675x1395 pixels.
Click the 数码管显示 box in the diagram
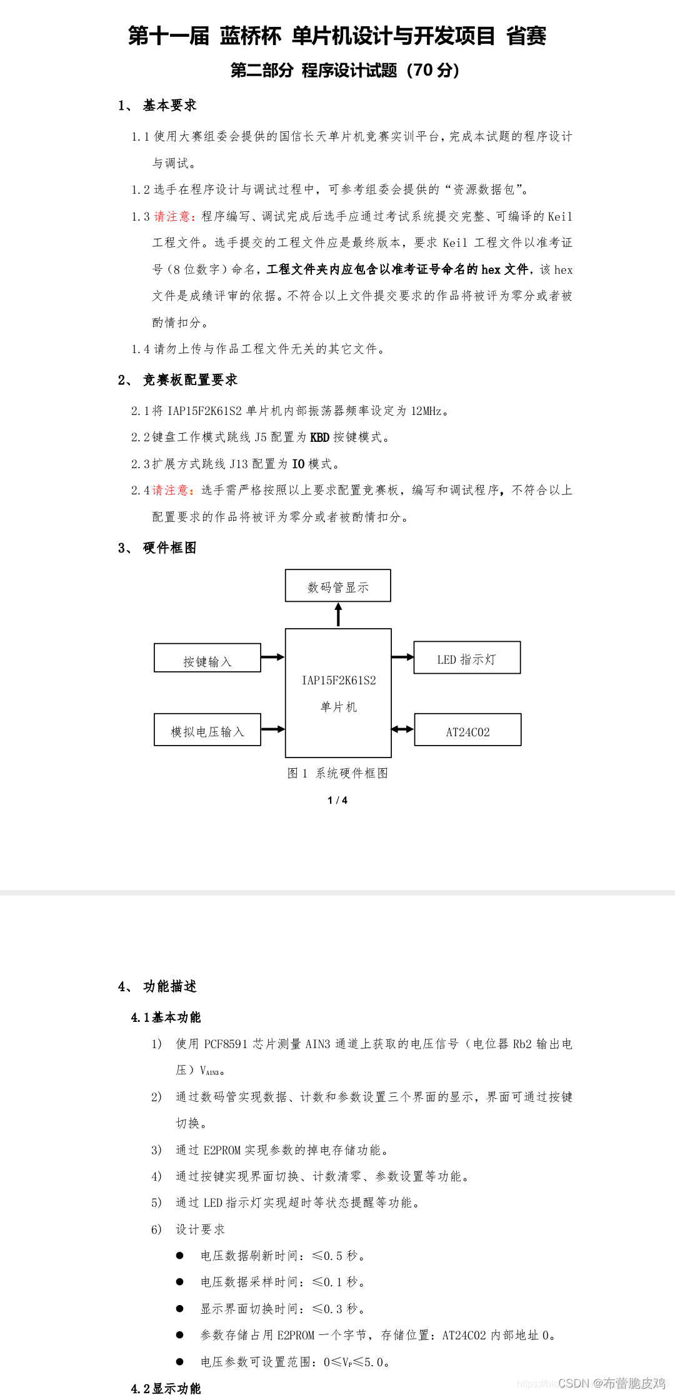coord(338,586)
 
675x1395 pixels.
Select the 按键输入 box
coord(207,658)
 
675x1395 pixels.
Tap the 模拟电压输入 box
coord(207,730)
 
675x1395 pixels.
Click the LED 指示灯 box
coord(467,657)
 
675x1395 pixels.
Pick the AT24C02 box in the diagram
coord(467,730)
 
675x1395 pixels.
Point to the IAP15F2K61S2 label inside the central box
coord(339,681)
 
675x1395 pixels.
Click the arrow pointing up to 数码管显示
coord(339,614)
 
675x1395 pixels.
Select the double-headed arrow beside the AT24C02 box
coord(402,729)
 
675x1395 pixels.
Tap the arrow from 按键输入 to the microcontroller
coord(272,657)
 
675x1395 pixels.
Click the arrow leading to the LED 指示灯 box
coord(402,657)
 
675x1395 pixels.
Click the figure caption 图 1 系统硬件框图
coord(337,773)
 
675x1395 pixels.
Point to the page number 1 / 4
coord(337,801)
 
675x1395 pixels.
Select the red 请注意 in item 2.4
coord(173,490)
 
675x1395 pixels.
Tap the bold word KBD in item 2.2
coord(319,437)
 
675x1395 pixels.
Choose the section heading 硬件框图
coord(169,547)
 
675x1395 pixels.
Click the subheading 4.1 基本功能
coord(166,1017)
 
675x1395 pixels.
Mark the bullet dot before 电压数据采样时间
coord(180,1282)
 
